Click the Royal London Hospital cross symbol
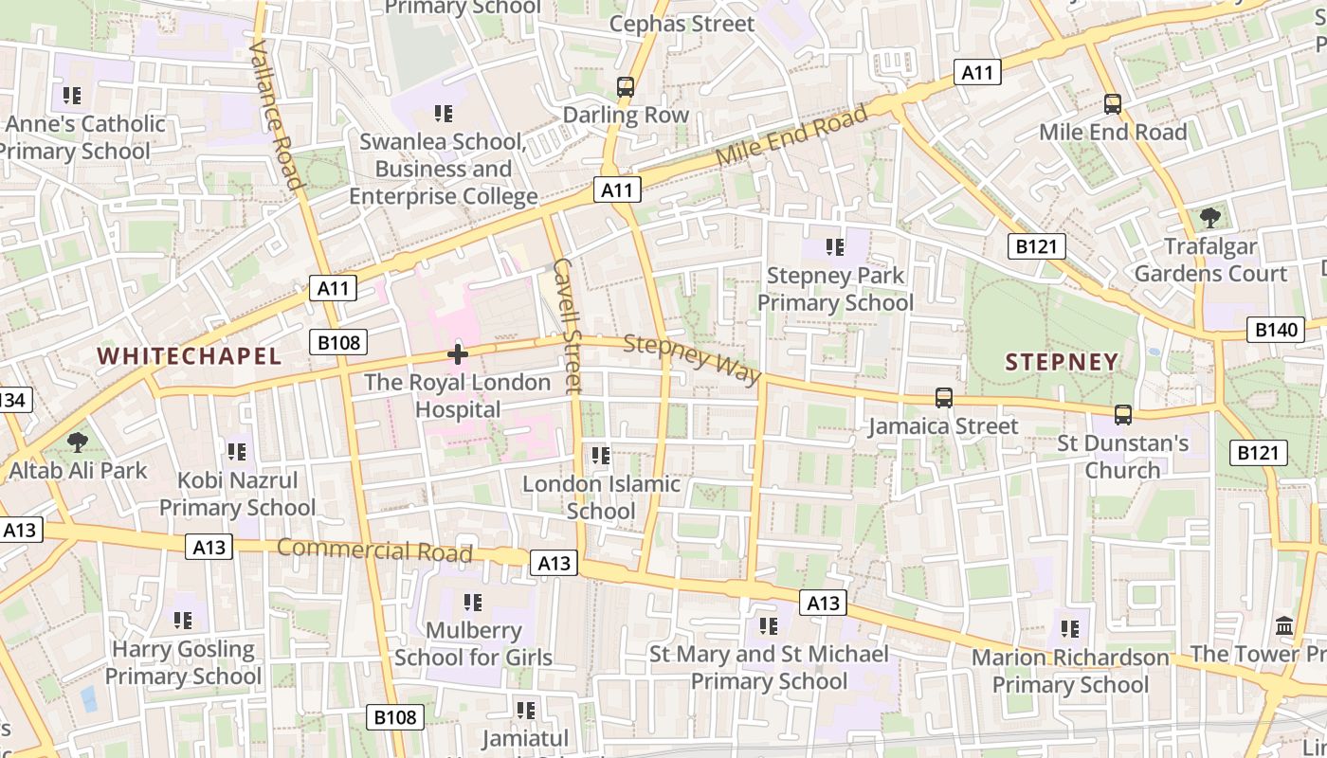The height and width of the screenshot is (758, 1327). click(x=458, y=355)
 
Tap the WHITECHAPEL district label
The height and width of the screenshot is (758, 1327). click(x=190, y=356)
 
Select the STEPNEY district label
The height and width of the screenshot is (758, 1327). click(x=1062, y=362)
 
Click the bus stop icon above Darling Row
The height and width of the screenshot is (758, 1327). click(x=626, y=87)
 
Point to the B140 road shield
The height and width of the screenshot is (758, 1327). click(x=1275, y=330)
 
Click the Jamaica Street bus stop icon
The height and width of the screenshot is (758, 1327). click(x=943, y=398)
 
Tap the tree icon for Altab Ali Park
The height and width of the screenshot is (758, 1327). click(x=78, y=442)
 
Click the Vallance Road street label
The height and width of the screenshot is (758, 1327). click(x=276, y=114)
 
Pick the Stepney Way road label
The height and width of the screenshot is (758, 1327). click(x=692, y=360)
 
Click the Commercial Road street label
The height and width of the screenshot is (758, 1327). click(x=374, y=550)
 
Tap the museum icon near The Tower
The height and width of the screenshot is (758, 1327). click(x=1285, y=625)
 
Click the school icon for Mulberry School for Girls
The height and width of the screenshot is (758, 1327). click(x=473, y=603)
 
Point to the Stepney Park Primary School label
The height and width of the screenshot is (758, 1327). click(x=835, y=289)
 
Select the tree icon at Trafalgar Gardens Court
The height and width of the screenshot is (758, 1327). click(x=1209, y=219)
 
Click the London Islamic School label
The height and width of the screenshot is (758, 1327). click(x=601, y=497)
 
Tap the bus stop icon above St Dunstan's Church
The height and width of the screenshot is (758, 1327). click(x=1122, y=415)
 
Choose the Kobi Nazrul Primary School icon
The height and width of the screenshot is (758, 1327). click(x=236, y=452)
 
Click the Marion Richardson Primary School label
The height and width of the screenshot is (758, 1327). click(x=1070, y=671)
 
